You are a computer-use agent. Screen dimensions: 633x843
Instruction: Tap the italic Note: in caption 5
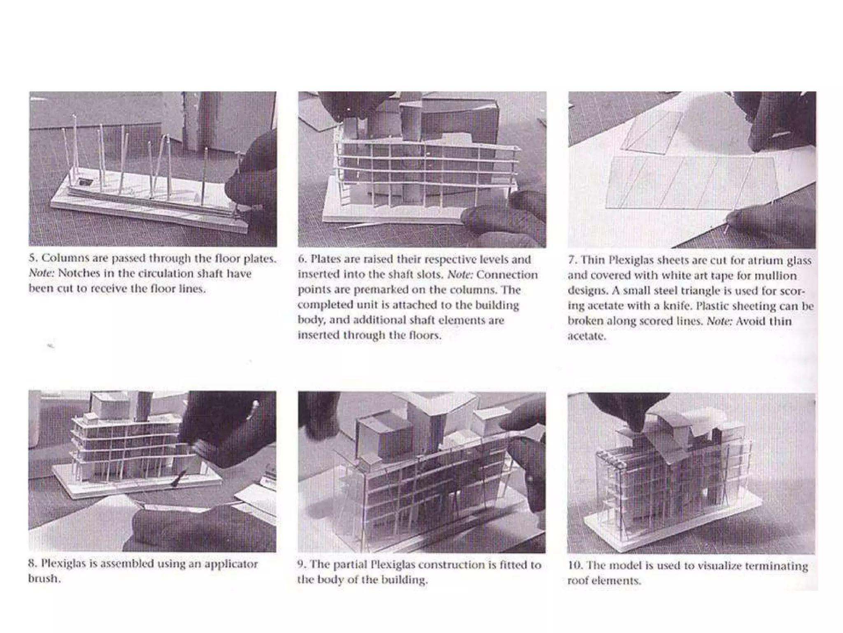(41, 274)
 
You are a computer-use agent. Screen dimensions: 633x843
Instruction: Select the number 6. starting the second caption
(303, 260)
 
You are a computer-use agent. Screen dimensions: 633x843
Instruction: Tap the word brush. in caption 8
(44, 579)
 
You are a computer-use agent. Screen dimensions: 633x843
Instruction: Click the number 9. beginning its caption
(302, 565)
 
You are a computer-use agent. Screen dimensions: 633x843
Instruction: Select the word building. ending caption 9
(405, 580)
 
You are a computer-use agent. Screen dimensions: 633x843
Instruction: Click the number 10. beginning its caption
(575, 566)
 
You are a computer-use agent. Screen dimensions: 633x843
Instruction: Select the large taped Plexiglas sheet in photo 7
(692, 183)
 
